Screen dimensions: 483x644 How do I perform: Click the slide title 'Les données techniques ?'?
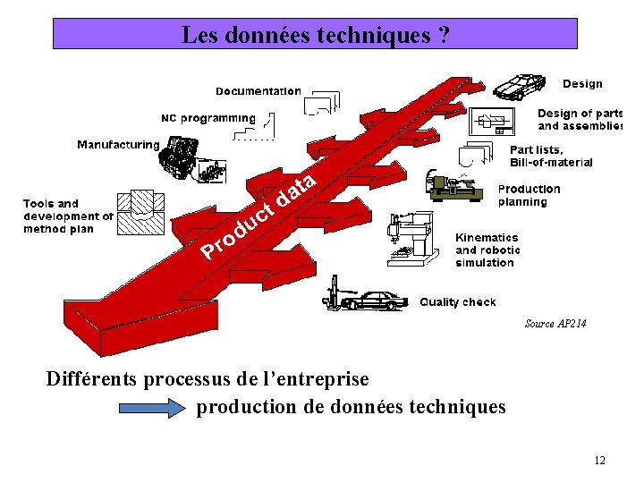click(315, 35)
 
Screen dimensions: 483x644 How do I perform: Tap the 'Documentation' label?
click(258, 91)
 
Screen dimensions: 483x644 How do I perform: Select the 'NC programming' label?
click(208, 118)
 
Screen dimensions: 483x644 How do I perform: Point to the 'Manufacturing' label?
click(118, 145)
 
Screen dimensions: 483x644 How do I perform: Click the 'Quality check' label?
click(458, 302)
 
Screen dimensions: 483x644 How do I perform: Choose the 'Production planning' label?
click(529, 196)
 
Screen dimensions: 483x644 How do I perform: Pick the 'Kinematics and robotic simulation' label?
click(487, 250)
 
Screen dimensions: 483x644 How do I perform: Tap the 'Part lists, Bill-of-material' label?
click(551, 157)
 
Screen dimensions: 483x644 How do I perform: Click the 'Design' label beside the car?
click(582, 84)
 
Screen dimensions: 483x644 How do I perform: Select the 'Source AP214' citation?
click(555, 324)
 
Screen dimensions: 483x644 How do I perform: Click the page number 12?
click(598, 460)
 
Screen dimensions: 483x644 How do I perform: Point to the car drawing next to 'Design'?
click(519, 87)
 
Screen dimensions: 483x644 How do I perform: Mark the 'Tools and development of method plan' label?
click(68, 216)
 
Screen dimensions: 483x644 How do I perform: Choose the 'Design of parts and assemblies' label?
click(580, 120)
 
